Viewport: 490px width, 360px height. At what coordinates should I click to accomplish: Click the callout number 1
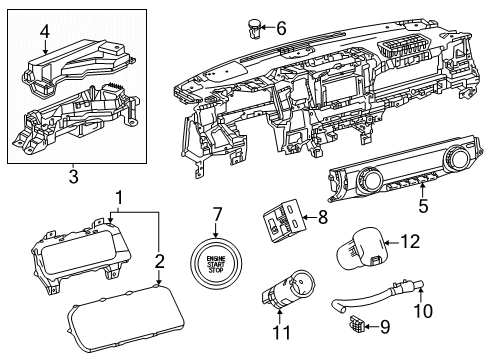click(x=119, y=198)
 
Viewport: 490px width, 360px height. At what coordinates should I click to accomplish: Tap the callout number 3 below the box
click(x=73, y=178)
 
